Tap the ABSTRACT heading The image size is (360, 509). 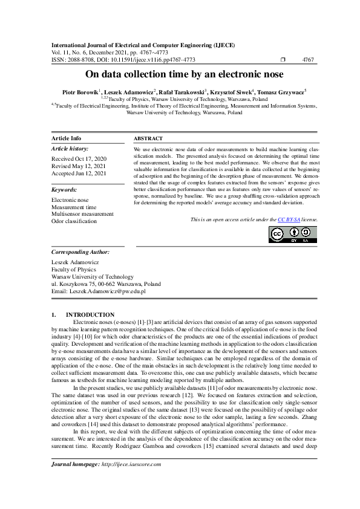[x=148, y=138]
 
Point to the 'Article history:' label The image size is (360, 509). [x=70, y=149]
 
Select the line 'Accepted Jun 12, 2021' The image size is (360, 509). [x=79, y=173]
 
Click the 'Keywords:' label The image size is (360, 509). [x=64, y=189]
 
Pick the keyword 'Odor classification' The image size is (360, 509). [x=74, y=221]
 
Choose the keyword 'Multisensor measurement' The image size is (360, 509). [x=82, y=214]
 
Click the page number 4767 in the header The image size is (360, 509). [x=307, y=60]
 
